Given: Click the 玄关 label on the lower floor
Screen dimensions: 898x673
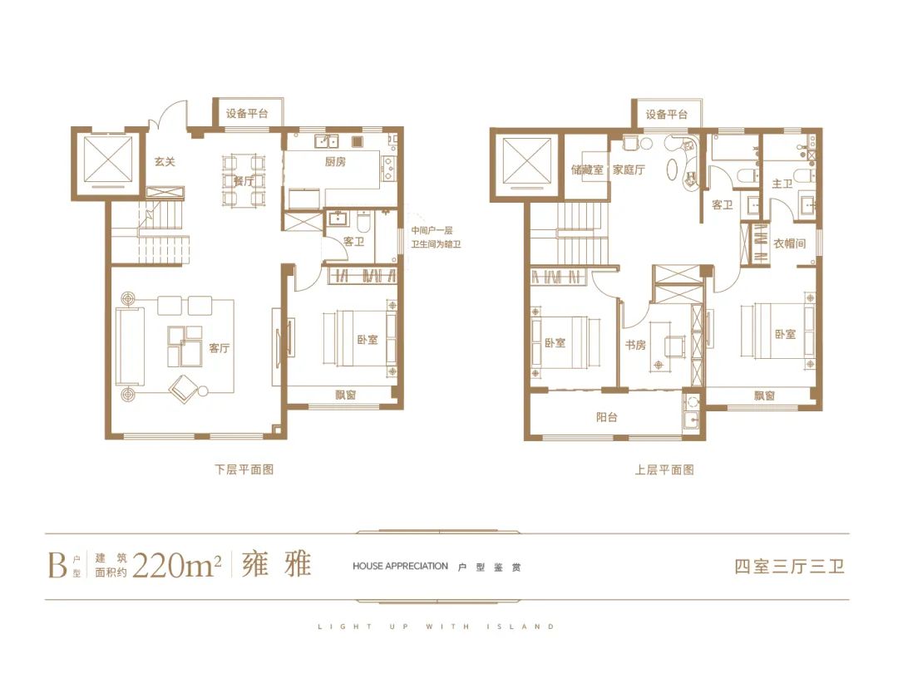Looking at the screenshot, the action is point(165,162).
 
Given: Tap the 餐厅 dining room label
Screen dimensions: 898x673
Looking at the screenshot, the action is point(244,181).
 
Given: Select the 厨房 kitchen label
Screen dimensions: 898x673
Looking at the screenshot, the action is point(335,162).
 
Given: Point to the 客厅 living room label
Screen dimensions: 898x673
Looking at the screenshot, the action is point(220,348).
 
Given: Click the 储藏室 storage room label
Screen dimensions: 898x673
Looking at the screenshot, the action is point(587,170).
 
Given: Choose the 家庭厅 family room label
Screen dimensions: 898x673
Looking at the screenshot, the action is point(629,170).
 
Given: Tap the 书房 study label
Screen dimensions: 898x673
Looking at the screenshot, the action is point(636,345).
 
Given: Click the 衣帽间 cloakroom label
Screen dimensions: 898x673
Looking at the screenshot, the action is point(790,243).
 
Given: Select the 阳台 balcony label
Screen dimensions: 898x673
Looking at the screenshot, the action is point(607,417).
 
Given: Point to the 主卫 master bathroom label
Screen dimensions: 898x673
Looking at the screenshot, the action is point(782,184).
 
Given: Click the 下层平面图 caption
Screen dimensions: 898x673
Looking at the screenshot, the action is point(244,469).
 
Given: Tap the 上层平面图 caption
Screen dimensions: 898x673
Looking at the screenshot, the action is point(664,469).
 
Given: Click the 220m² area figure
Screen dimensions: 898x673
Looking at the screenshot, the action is point(176,566).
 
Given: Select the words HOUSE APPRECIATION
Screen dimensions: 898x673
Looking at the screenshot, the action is point(400,566).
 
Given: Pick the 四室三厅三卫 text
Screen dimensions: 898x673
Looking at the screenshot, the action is point(790,566).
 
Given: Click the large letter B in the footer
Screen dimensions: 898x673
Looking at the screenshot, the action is point(58,566).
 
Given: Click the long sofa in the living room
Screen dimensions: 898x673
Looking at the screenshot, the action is point(130,346).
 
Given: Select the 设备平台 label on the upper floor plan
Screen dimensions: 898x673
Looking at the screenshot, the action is point(667,115).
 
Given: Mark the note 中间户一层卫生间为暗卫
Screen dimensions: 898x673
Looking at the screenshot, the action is point(436,237).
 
